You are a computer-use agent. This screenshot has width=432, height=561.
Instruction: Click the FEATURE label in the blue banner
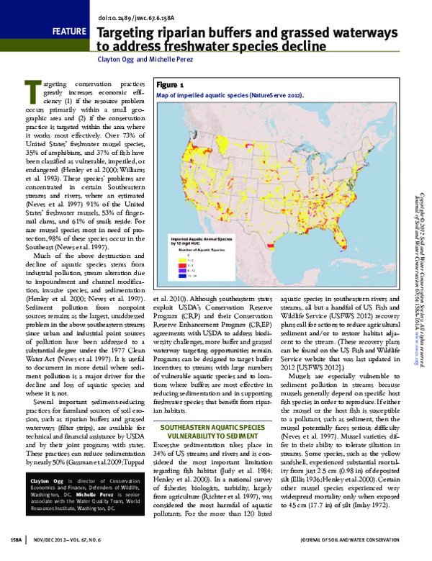(71, 32)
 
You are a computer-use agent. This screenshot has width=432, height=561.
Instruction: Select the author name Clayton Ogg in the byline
(118, 61)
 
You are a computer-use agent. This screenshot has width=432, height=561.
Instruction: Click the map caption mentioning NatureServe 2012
(230, 95)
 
